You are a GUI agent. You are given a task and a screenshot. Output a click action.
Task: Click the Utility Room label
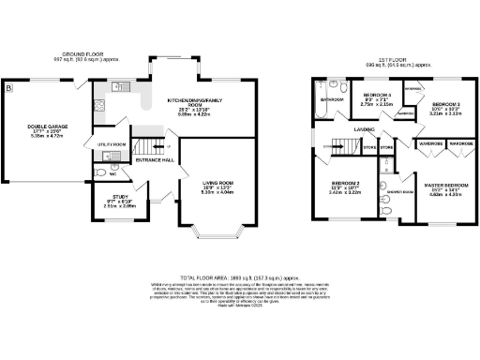[112, 144]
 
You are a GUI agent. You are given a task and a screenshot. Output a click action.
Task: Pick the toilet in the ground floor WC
[101, 173]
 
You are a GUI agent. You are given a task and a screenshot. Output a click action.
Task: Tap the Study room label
[111, 197]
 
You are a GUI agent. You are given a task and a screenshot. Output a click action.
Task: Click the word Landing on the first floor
[365, 130]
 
